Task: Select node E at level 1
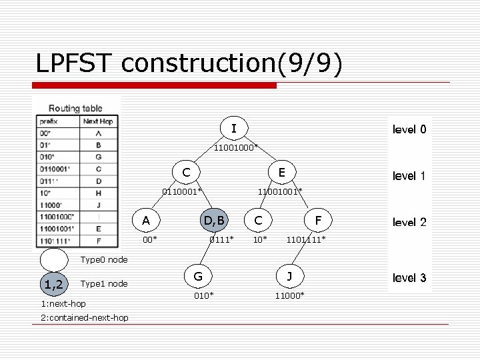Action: click(281, 173)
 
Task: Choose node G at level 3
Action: click(198, 275)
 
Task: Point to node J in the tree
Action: click(289, 275)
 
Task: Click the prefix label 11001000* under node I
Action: click(236, 147)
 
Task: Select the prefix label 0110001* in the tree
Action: click(181, 192)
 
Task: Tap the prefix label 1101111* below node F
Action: click(306, 239)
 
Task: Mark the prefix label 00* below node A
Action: click(151, 239)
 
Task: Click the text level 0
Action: click(409, 129)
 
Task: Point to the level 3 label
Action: click(409, 278)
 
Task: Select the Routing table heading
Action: click(76, 108)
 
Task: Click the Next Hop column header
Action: click(99, 121)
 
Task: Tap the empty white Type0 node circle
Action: click(54, 260)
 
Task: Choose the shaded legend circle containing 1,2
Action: click(54, 285)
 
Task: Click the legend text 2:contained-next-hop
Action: click(85, 318)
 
